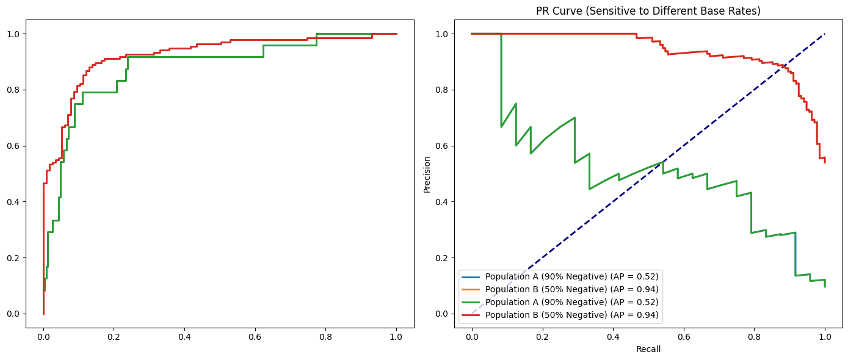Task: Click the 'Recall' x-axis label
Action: point(648,350)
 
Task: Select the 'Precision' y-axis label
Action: point(427,174)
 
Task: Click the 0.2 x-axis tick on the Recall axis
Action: point(542,336)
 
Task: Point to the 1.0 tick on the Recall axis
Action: point(825,336)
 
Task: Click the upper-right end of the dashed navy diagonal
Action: point(825,34)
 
